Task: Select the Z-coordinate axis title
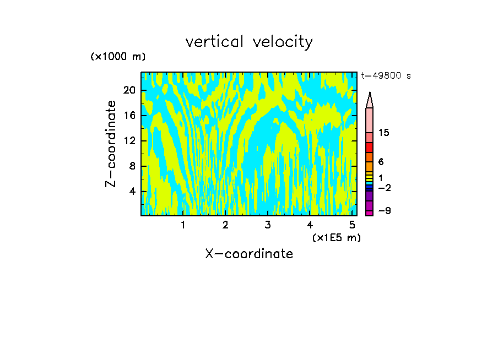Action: (111, 144)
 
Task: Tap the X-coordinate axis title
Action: (249, 254)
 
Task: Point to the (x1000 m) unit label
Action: (118, 57)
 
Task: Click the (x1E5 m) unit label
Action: (336, 237)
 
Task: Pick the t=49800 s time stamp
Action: (386, 76)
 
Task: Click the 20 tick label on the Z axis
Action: (129, 90)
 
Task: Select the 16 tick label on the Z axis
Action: (129, 116)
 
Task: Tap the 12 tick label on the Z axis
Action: (129, 141)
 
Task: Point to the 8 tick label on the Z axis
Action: (132, 166)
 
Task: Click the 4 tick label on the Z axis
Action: (132, 192)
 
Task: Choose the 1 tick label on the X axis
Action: (183, 225)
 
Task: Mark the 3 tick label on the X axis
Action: (267, 225)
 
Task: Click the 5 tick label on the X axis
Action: (352, 225)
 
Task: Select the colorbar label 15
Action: (384, 133)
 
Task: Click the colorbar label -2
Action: (384, 188)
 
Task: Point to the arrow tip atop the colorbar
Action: (370, 94)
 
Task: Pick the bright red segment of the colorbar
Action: (369, 148)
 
